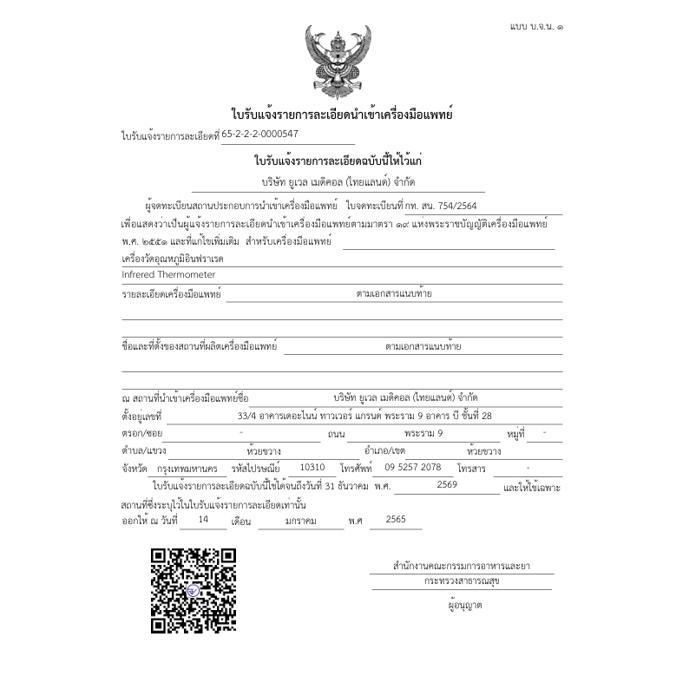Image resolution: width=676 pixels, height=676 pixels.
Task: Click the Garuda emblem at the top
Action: tap(338, 62)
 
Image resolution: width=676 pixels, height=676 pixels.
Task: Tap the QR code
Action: tap(194, 590)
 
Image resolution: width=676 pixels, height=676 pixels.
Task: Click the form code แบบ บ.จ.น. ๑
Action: tap(535, 29)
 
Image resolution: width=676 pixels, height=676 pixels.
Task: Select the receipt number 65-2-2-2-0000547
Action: tap(260, 135)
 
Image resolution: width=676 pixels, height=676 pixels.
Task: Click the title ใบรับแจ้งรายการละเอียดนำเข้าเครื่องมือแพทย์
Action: tap(342, 115)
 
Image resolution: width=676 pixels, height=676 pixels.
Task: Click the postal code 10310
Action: tap(312, 467)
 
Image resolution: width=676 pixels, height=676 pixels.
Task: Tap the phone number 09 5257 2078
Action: tap(407, 467)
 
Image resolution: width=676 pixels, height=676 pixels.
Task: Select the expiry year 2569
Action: tap(447, 484)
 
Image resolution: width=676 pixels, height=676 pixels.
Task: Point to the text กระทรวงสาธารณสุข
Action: tap(462, 581)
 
